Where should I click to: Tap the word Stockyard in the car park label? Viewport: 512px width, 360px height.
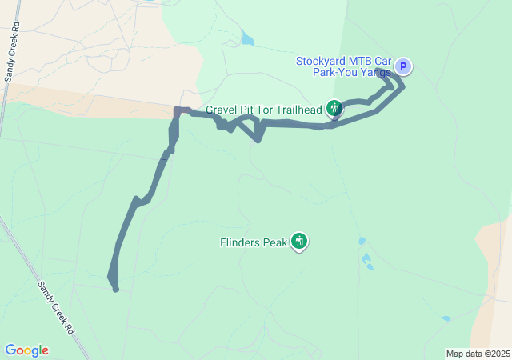click(x=321, y=61)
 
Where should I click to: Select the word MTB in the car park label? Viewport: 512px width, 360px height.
click(x=361, y=61)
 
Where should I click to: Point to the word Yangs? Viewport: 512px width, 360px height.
click(x=375, y=73)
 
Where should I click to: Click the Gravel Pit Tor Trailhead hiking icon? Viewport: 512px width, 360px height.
click(x=334, y=108)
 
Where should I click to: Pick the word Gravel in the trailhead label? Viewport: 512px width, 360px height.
click(x=222, y=109)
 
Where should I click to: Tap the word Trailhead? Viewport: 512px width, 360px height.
click(x=297, y=109)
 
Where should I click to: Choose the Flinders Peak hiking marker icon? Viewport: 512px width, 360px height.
click(x=299, y=240)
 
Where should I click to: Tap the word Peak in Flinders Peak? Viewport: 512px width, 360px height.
click(x=274, y=241)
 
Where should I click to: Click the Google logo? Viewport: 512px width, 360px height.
click(x=26, y=350)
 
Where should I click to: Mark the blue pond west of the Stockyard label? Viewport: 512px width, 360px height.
click(x=247, y=38)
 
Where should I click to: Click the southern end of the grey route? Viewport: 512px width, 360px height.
click(x=116, y=289)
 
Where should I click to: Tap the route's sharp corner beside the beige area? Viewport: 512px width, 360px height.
click(x=178, y=110)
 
